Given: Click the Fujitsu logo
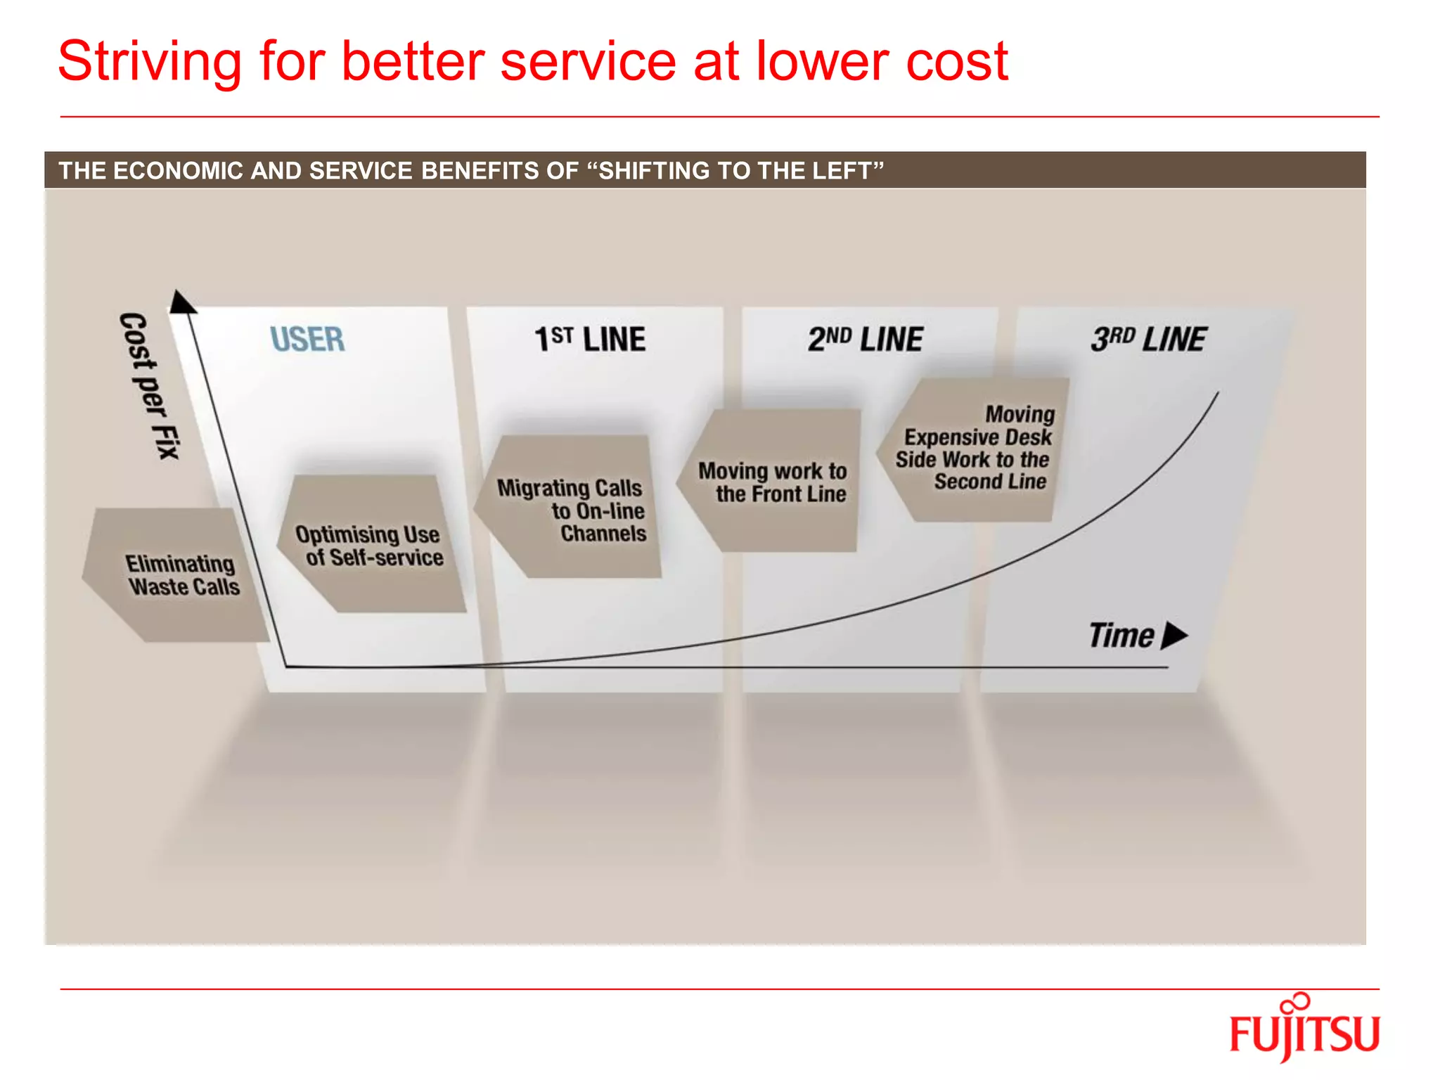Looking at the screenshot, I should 1304,1030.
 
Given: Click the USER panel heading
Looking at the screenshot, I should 308,340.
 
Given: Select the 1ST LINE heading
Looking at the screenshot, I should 590,340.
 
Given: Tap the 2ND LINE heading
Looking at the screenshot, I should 866,340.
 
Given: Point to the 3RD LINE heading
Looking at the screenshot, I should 1149,340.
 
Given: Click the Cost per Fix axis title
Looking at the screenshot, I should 149,385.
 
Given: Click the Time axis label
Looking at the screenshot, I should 1121,636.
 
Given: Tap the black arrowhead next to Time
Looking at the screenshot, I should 1174,636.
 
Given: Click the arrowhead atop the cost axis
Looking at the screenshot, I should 181,302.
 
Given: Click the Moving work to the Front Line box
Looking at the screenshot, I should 771,482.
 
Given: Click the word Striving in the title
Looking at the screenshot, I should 150,62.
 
